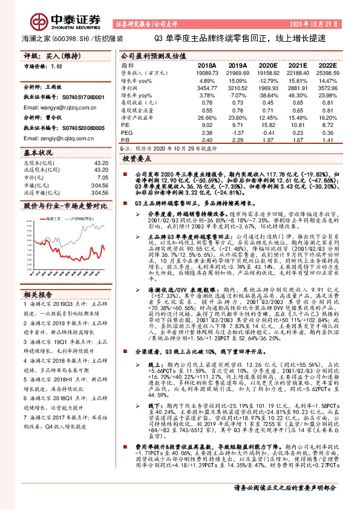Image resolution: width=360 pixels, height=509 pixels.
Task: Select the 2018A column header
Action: click(207, 64)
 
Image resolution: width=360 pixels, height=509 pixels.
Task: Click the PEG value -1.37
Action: click(238, 132)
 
